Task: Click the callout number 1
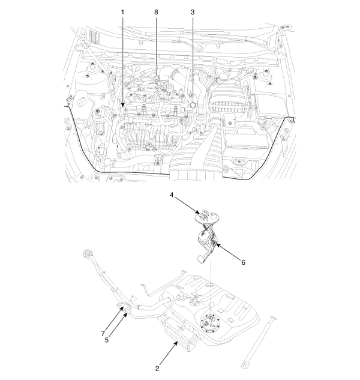(122, 12)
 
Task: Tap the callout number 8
(156, 12)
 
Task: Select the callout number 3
(193, 12)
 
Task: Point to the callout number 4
(172, 195)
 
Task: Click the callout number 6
(243, 262)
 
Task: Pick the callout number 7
(103, 334)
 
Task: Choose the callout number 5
(107, 340)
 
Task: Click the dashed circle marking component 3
(193, 105)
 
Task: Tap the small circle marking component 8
(156, 78)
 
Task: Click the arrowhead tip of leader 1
(122, 107)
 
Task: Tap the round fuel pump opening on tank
(210, 324)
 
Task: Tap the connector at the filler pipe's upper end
(87, 254)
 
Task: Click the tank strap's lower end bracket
(245, 364)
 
